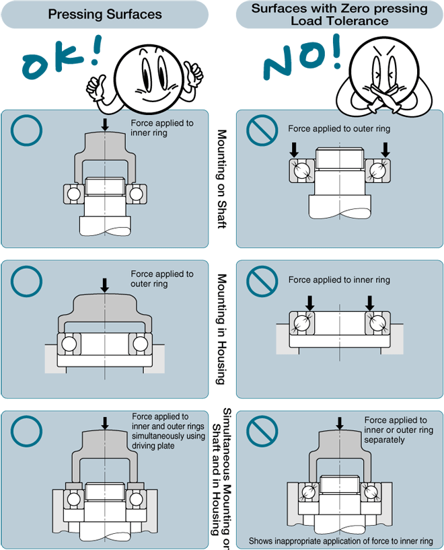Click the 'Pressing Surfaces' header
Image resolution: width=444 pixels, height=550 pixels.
click(x=105, y=14)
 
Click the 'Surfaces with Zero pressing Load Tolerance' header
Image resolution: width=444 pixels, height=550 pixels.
click(x=339, y=14)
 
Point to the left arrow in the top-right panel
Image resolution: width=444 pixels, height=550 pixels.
click(x=294, y=148)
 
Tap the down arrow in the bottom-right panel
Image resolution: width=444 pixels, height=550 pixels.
click(x=339, y=424)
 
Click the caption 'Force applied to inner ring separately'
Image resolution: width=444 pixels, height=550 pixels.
click(x=396, y=430)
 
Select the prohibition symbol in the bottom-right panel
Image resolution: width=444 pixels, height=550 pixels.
click(x=262, y=431)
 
